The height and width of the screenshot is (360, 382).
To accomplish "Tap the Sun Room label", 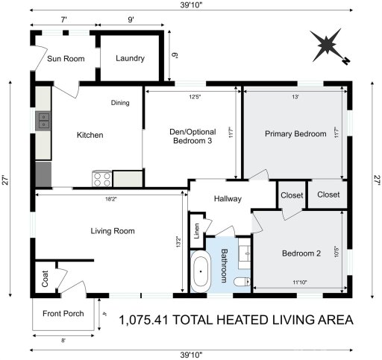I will [66, 59].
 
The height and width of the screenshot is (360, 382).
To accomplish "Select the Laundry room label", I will [129, 59].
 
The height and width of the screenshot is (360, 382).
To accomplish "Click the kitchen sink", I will [43, 120].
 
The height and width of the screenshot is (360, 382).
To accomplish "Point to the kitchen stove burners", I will [101, 179].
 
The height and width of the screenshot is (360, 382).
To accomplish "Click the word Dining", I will [121, 104].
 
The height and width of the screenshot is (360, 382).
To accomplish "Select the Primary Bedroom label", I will [295, 134].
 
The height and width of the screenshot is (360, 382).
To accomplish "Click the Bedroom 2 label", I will [301, 253].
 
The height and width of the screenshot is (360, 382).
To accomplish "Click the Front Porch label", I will [63, 313].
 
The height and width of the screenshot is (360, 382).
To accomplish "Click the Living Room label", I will [112, 231].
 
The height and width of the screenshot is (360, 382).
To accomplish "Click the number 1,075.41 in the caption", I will [150, 321].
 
